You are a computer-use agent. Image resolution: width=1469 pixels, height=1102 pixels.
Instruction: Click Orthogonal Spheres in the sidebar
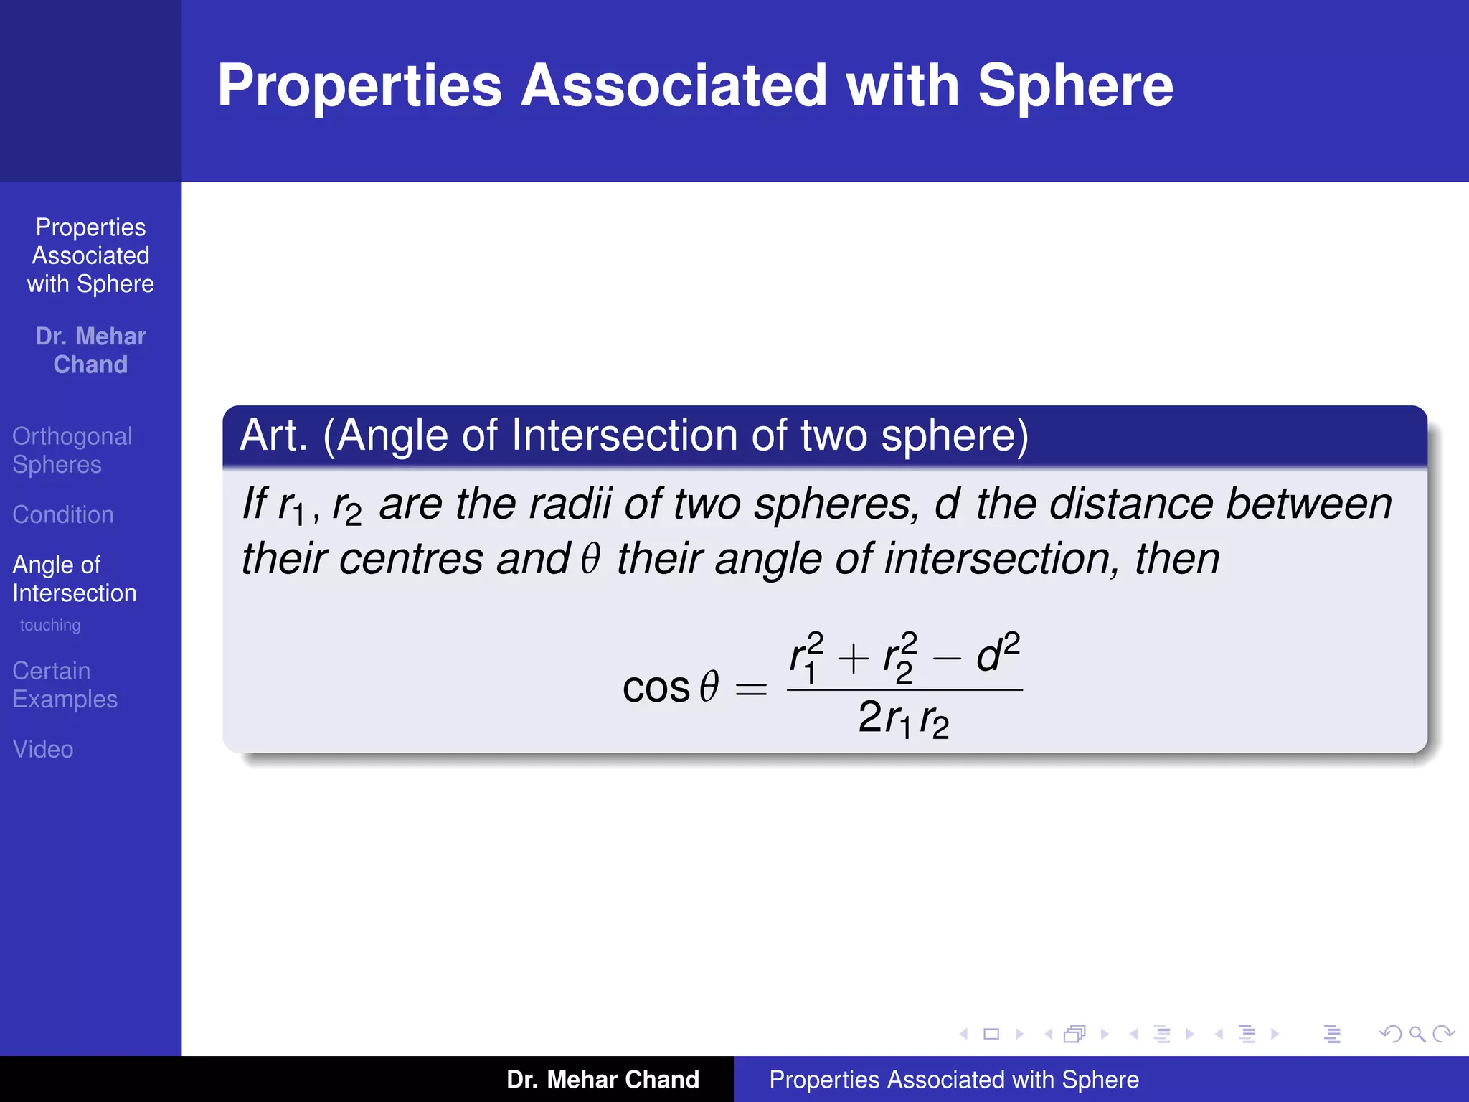(x=72, y=450)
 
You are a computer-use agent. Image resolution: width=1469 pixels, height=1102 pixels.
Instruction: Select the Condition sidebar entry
(x=63, y=514)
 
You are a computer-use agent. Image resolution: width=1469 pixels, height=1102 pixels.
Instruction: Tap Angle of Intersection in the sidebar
(x=74, y=578)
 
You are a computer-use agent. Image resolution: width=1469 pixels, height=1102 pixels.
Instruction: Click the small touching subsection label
(x=50, y=625)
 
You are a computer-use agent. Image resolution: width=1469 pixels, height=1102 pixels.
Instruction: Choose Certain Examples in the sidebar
(x=65, y=684)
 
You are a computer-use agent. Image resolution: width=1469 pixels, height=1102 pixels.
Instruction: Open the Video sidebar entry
(x=43, y=749)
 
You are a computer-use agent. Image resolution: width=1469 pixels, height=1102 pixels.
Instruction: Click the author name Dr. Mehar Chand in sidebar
(x=90, y=350)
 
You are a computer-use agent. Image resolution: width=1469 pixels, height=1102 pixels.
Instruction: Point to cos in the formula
(x=656, y=688)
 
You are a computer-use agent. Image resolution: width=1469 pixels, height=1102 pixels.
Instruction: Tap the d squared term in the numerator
(x=997, y=653)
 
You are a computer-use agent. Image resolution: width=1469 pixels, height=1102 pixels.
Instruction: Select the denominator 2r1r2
(x=904, y=719)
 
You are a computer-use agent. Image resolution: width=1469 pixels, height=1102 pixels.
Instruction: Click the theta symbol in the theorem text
(x=590, y=559)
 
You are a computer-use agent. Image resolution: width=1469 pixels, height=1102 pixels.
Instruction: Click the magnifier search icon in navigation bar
(x=1417, y=1034)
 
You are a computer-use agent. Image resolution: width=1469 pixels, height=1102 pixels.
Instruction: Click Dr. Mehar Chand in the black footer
(x=603, y=1079)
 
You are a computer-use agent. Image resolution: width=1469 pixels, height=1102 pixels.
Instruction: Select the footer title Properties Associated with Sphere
(x=954, y=1079)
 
